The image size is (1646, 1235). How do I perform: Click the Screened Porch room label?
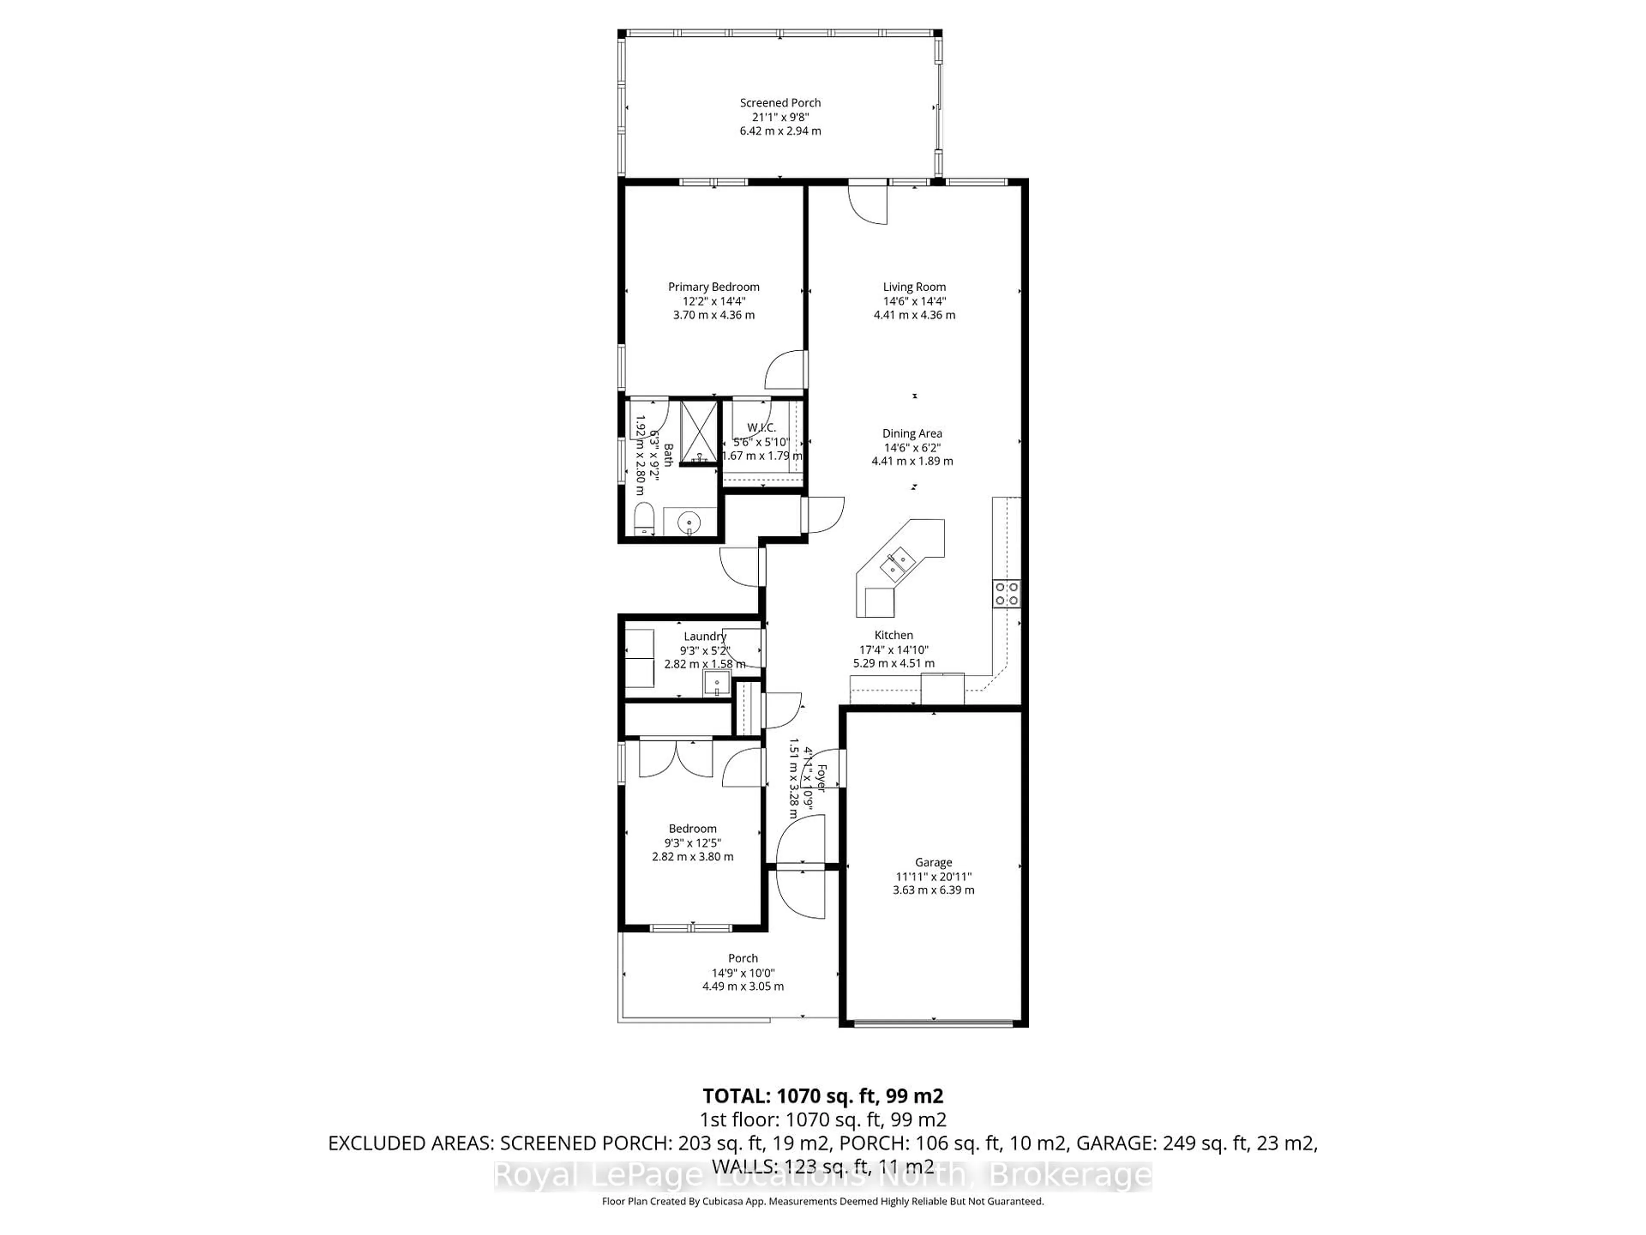[x=780, y=103]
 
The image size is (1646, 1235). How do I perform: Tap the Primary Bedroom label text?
[x=713, y=286]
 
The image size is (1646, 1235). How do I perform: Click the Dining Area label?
[x=912, y=433]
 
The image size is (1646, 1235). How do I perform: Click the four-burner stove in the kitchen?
[x=1006, y=593]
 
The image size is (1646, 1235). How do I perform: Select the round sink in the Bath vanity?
[x=690, y=523]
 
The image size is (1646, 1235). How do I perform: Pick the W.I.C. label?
[x=761, y=427]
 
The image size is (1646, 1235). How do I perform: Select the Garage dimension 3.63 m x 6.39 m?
[x=933, y=890]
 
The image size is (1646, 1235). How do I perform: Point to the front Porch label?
[x=743, y=958]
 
